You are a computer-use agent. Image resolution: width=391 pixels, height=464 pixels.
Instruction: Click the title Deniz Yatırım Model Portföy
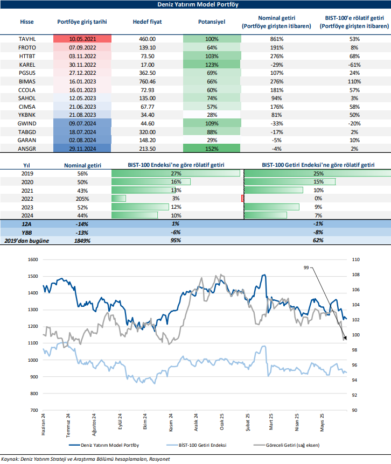(195, 4)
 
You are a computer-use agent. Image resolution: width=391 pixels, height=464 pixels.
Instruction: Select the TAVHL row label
(27, 39)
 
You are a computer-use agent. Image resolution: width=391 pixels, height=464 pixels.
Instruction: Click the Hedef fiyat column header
(147, 22)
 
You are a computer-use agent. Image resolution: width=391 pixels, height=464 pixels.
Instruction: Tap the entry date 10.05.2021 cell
(82, 39)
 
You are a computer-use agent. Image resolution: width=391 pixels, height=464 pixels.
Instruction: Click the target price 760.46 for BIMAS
(147, 81)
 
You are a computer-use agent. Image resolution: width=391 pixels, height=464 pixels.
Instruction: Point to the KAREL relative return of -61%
(354, 64)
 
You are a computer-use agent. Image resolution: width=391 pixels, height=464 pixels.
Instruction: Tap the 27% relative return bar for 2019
(175, 173)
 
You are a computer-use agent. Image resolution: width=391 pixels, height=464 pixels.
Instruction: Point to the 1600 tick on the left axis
(33, 259)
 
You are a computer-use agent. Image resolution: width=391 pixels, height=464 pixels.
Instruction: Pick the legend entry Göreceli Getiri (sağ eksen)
(291, 446)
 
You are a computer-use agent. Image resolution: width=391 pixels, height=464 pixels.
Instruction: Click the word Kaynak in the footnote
(11, 459)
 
